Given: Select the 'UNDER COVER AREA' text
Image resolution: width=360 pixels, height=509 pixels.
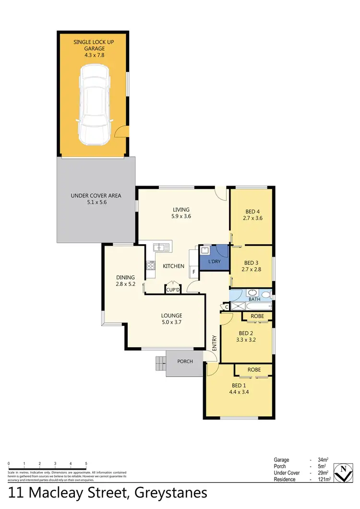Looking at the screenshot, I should pos(96,195).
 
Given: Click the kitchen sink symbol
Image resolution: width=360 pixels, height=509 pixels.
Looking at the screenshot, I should pos(161,248).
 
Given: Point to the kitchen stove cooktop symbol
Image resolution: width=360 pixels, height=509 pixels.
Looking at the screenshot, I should pos(151,265).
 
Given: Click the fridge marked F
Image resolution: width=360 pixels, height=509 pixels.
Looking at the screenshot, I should pos(193,272).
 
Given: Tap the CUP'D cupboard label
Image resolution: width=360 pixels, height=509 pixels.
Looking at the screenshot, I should pos(172,289).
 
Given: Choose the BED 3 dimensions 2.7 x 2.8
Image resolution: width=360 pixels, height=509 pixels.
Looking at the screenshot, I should pos(252,270).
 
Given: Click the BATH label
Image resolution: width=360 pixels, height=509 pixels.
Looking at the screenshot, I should pos(254,299).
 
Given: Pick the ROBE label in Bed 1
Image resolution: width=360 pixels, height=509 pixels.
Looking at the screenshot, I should pos(254,370).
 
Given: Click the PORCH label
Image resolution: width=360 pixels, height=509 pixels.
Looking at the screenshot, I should pos(185,361).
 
